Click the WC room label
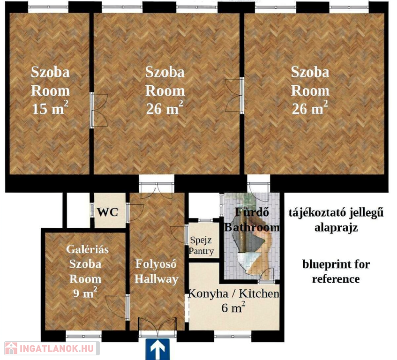tap(108, 212)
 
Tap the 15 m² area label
tap(50, 108)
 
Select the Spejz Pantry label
tap(201, 245)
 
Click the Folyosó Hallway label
tap(156, 271)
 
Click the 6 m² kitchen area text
tap(233, 307)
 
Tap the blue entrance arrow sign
tap(157, 349)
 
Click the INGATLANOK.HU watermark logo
tap(52, 348)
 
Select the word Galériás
tap(87, 249)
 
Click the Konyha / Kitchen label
tap(234, 293)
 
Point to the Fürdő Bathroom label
tap(252, 220)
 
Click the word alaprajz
tap(336, 227)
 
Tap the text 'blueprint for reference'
tap(336, 272)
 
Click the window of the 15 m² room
tap(48, 7)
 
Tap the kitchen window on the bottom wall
tap(232, 336)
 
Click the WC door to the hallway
tap(135, 213)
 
